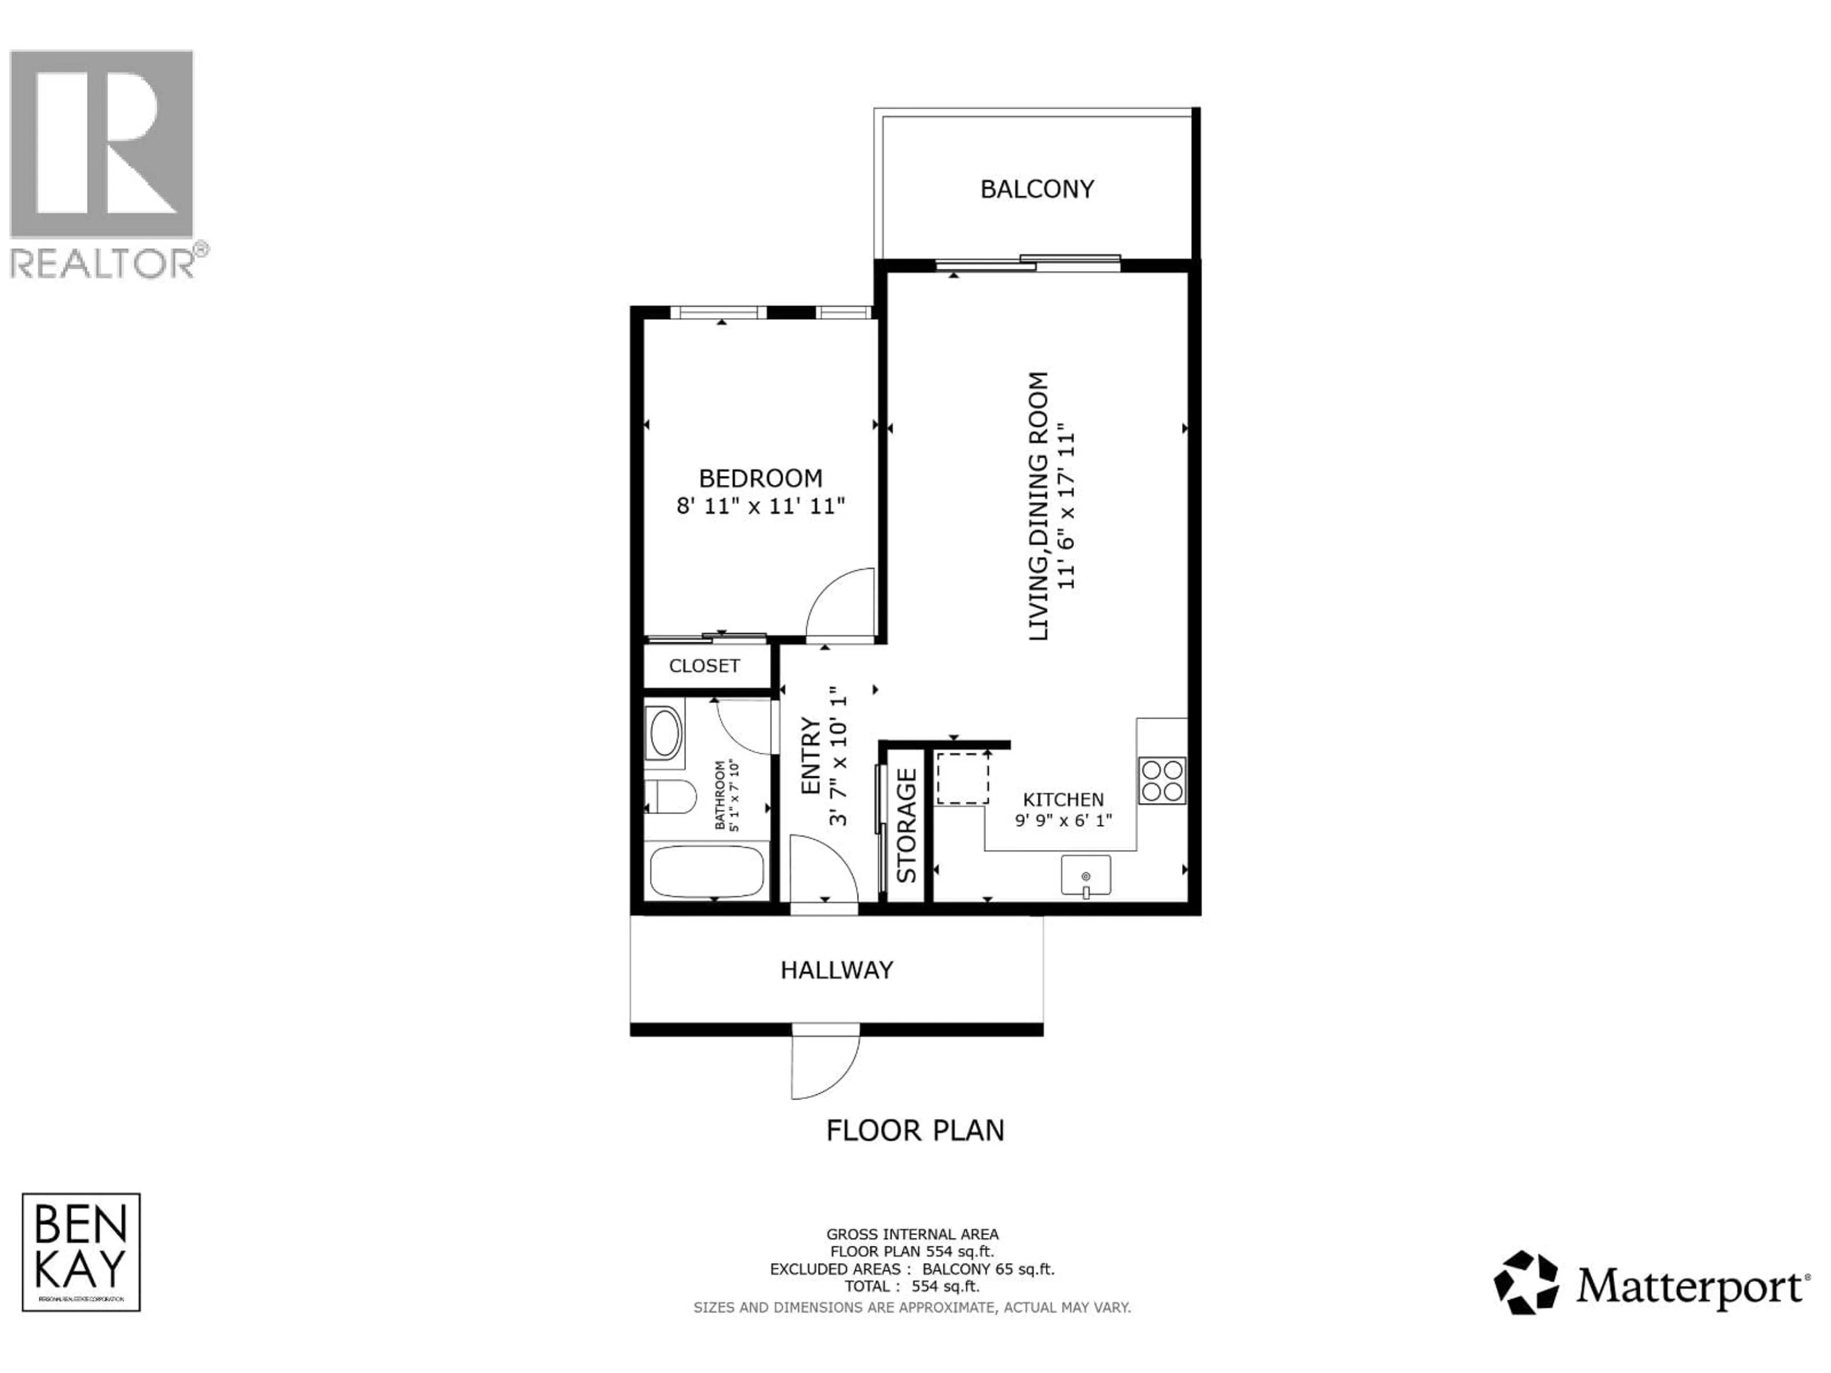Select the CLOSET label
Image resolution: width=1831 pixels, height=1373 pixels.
(704, 666)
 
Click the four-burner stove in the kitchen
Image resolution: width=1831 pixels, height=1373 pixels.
(1162, 780)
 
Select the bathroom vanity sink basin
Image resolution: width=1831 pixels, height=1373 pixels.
(665, 732)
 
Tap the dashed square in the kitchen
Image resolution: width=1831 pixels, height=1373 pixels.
(962, 778)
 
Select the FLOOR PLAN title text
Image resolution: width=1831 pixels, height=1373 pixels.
(915, 1130)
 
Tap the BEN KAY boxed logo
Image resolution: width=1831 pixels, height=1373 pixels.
(81, 1252)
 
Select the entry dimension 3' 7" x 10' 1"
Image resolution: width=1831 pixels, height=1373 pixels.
(839, 755)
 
